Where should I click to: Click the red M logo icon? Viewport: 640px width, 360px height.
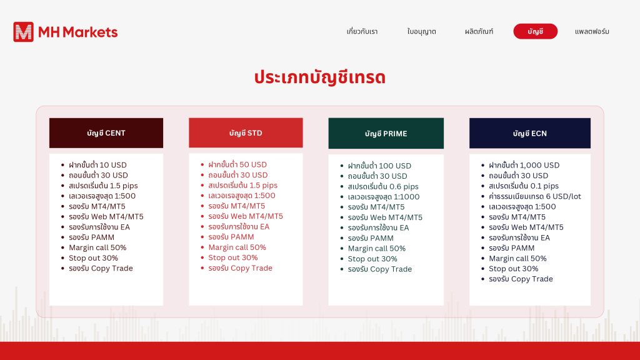point(23,32)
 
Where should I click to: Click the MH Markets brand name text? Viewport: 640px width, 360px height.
point(78,32)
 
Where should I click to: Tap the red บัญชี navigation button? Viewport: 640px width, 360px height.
point(535,31)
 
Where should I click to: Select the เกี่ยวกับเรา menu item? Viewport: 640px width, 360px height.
point(362,31)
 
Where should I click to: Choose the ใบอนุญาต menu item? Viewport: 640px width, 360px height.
point(422,31)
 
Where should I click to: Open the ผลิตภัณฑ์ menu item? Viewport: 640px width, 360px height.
point(479,31)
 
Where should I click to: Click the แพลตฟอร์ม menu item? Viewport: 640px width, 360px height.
point(592,31)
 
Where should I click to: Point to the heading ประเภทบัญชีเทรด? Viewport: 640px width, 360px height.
point(320,77)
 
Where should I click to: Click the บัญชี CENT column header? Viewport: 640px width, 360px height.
point(106,133)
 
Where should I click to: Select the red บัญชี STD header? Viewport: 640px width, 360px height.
point(246,132)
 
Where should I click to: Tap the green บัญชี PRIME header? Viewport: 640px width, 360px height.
point(386,133)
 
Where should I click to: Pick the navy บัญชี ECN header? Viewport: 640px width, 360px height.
point(530,133)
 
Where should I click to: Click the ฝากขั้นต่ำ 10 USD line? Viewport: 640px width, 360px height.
point(97,165)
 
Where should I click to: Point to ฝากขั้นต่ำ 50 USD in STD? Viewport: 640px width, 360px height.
point(237,164)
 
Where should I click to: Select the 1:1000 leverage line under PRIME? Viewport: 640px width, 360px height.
point(384,197)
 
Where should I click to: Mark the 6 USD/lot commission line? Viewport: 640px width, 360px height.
point(535,196)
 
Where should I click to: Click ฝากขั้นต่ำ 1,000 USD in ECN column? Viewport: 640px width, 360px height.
point(524,165)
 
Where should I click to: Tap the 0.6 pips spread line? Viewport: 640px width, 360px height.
point(383,186)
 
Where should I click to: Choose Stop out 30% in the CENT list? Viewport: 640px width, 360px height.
point(94,258)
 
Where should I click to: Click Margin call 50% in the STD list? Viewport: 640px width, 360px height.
point(237,247)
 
